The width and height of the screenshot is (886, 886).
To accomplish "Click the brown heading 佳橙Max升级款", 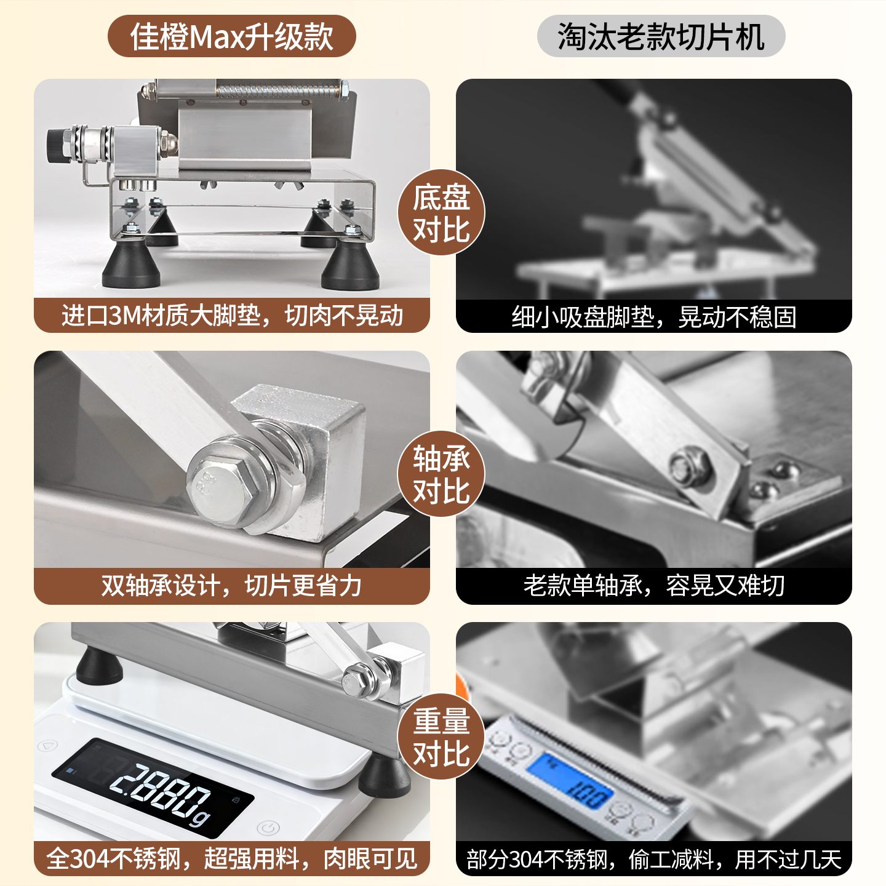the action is coord(232,36).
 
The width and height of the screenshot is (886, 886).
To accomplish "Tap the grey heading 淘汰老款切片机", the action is coord(661,36).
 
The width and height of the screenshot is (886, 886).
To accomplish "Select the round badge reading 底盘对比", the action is coord(441,212).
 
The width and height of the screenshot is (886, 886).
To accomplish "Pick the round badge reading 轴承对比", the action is coord(441,474).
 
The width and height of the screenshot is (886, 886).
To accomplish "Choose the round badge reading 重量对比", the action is coord(441,736).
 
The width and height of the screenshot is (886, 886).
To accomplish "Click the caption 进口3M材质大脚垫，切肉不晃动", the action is coord(232,316).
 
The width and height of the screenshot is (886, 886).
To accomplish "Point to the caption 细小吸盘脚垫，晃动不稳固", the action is coord(654,317).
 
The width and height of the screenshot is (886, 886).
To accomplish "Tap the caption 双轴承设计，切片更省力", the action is coord(231,585).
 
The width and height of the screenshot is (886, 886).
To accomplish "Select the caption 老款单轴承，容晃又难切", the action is coord(654,585).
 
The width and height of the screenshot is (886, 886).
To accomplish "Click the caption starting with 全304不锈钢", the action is coord(232,858).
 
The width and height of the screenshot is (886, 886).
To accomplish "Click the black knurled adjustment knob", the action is coord(55,145).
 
